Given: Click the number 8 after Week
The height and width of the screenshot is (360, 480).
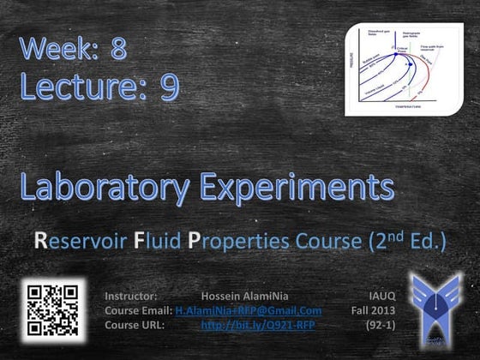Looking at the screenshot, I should pos(118,49).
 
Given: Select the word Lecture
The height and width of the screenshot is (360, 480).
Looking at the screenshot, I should pos(81,88).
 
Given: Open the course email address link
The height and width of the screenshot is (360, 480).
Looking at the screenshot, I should pos(248,310).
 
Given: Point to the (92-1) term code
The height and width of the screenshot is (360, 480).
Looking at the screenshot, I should pos(377,326).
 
